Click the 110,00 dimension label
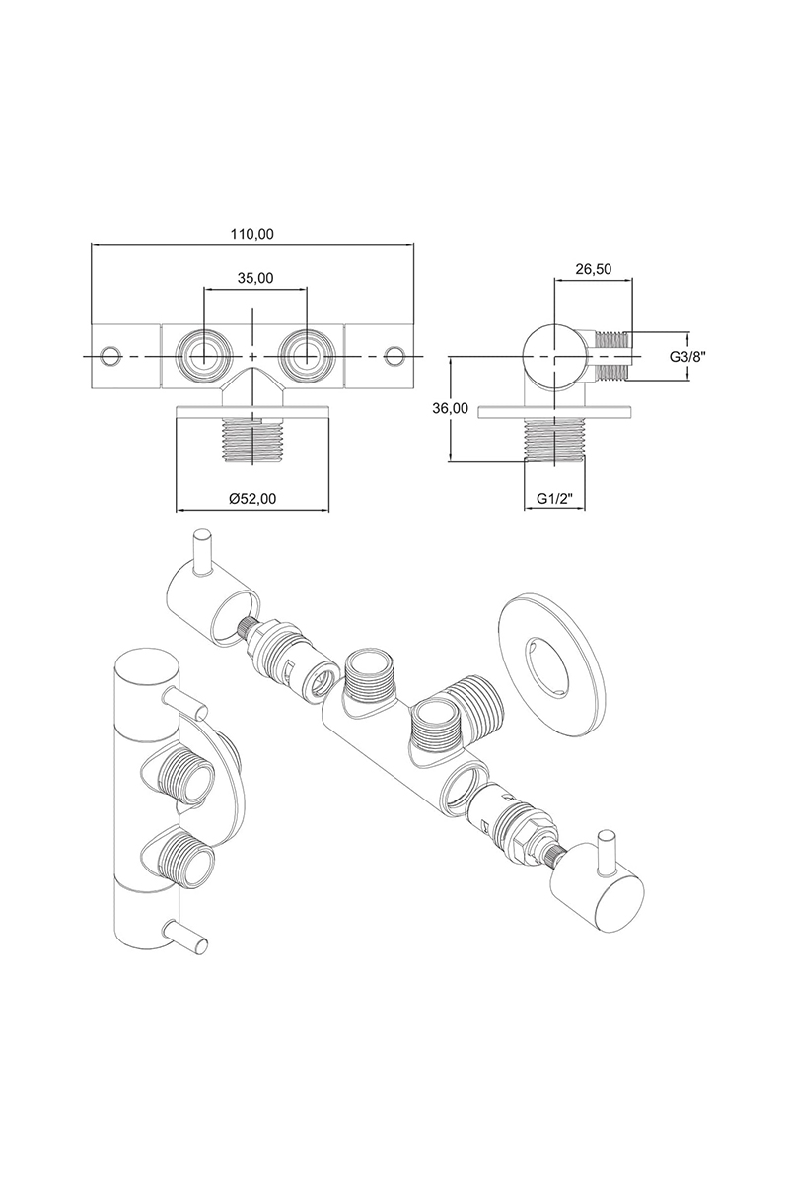(251, 234)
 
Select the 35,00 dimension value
(254, 278)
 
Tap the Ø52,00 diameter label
(252, 500)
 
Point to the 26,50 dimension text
(593, 268)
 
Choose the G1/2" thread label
(554, 500)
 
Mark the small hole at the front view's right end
(395, 354)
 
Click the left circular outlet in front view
(203, 353)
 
